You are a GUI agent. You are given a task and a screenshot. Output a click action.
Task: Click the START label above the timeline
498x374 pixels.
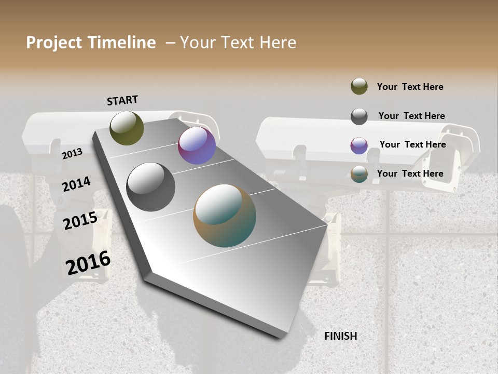(x=122, y=100)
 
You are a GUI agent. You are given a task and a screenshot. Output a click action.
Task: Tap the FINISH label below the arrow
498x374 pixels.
(x=341, y=336)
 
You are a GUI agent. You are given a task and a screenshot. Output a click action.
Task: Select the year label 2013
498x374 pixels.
(x=72, y=153)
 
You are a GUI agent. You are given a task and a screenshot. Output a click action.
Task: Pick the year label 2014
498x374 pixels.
(x=76, y=184)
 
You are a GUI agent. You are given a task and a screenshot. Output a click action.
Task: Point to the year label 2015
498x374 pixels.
(x=80, y=221)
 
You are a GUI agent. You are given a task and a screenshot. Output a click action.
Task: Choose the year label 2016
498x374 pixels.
(x=88, y=263)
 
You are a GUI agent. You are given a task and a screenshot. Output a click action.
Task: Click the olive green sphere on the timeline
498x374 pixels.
(x=127, y=128)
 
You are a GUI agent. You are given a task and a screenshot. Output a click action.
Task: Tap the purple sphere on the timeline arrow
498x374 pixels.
(x=197, y=145)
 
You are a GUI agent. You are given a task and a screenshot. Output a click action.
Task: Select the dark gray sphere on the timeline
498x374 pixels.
(x=151, y=187)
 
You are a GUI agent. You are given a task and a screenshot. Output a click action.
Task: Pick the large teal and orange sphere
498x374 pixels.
(x=225, y=216)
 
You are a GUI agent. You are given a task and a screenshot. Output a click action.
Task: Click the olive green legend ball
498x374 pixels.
(x=359, y=87)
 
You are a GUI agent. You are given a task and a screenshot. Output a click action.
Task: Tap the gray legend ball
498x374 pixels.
(x=359, y=116)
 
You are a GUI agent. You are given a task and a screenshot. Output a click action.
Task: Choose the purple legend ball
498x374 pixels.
(x=359, y=145)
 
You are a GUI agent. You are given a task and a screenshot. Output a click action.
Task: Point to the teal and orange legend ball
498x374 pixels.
(x=359, y=174)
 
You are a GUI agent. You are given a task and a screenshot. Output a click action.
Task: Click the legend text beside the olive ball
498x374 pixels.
(x=410, y=87)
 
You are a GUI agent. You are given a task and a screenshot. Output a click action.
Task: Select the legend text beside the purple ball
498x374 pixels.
(x=412, y=144)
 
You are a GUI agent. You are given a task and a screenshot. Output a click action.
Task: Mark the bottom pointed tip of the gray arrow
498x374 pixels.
(x=280, y=337)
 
